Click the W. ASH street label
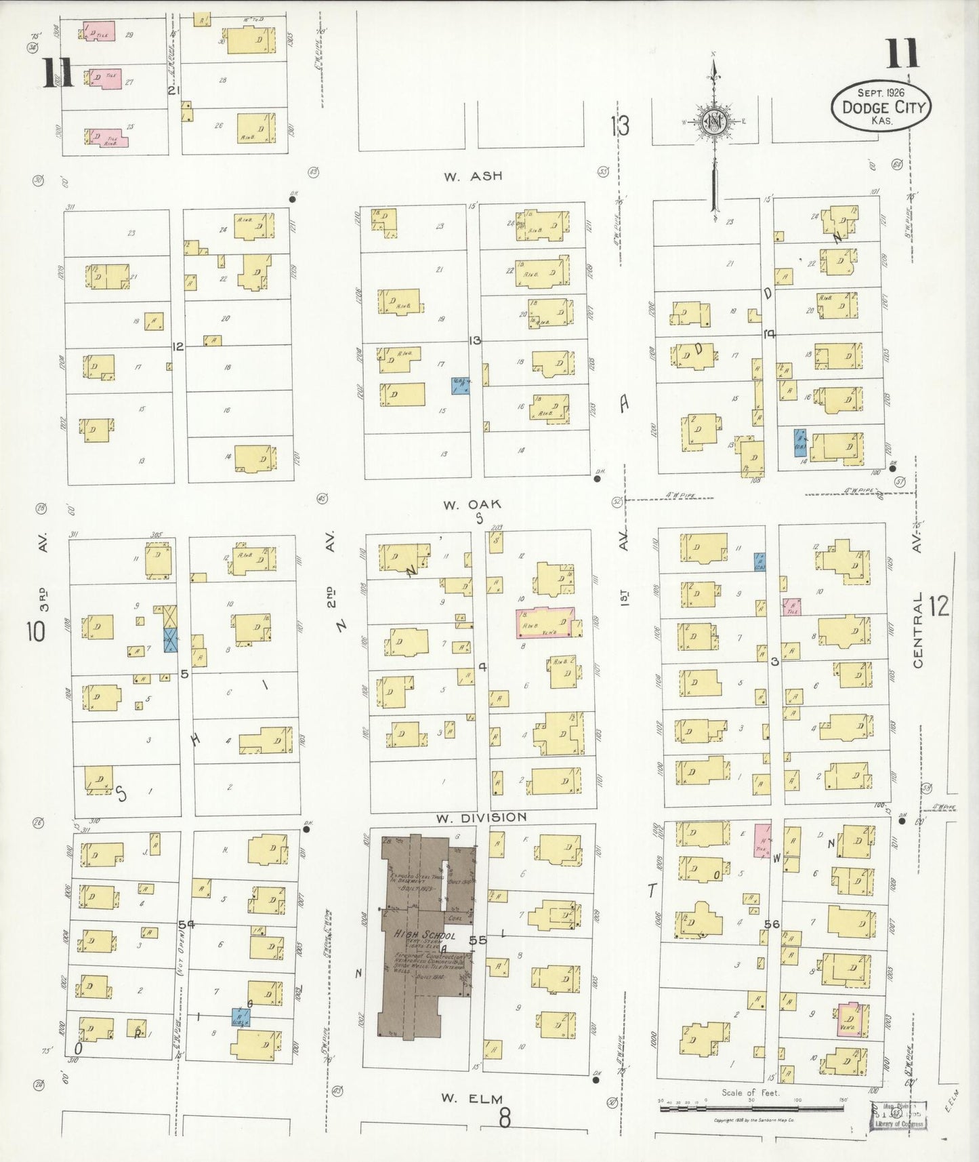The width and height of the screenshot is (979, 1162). point(473,176)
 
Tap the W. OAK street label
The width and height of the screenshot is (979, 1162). point(472,504)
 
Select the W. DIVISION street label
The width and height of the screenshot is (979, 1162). point(481,818)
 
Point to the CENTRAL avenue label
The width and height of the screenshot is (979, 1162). point(918,630)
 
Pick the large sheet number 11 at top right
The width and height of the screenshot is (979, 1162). point(902,54)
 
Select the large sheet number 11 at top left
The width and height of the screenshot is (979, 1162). point(58,73)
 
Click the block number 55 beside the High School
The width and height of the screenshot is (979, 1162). point(477,940)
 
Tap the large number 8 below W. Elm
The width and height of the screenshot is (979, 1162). point(504,1118)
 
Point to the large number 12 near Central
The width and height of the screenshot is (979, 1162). point(939,606)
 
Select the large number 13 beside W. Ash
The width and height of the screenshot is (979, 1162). point(619,125)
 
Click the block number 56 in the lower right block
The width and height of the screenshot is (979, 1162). point(772,924)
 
